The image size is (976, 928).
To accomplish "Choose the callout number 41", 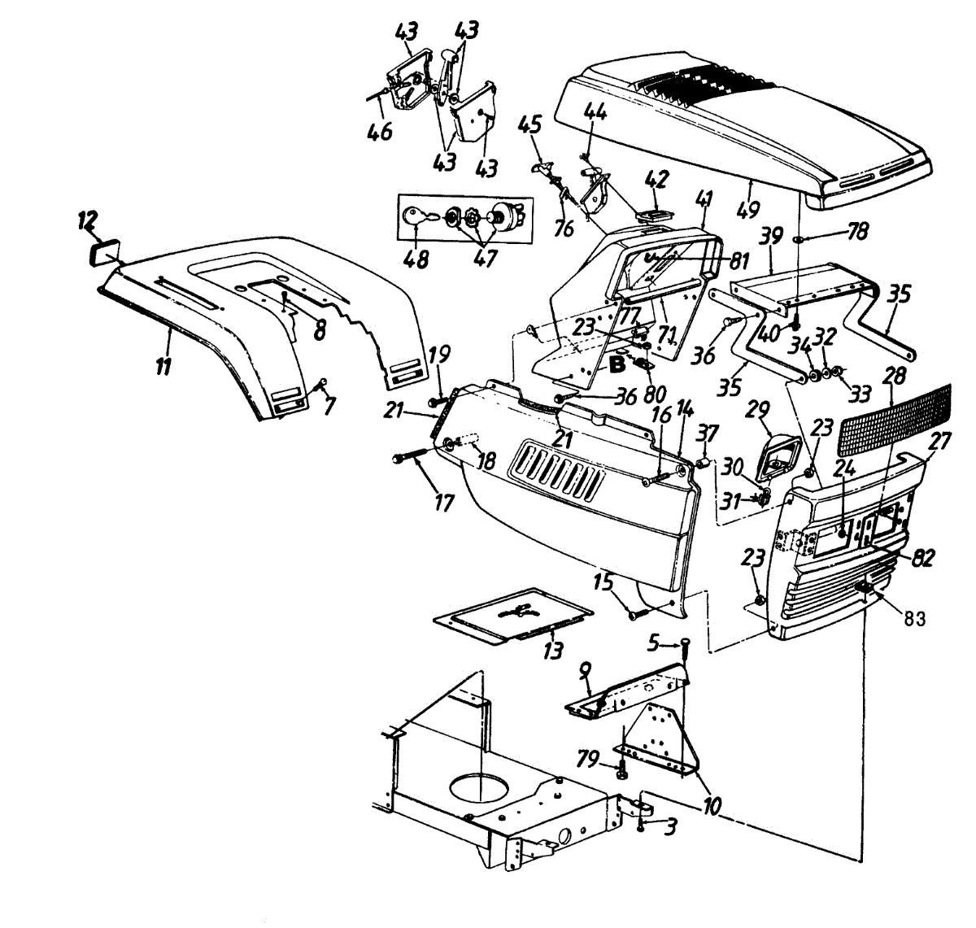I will (704, 198).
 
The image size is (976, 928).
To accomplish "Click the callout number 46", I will (380, 131).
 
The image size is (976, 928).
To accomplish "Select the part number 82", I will (922, 558).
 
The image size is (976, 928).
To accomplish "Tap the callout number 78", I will (858, 233).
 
